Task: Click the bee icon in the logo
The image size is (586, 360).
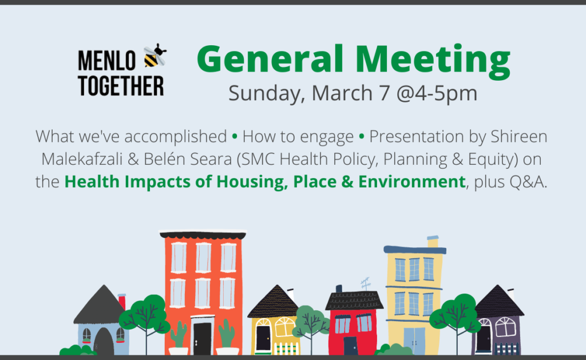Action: tap(155, 56)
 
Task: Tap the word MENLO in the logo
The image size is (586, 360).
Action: tap(106, 61)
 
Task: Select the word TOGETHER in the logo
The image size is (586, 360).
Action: tap(121, 86)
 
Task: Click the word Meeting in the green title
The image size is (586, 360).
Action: tap(433, 60)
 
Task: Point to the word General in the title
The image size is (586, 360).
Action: tap(270, 59)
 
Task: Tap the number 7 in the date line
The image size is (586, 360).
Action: tap(385, 93)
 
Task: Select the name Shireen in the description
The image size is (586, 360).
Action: tap(518, 136)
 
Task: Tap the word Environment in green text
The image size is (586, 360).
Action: tap(412, 181)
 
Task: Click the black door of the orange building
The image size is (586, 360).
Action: tap(202, 338)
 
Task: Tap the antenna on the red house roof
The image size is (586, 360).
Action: tap(366, 284)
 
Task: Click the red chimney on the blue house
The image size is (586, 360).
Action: tap(122, 302)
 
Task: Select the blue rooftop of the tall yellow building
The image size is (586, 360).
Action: tap(415, 250)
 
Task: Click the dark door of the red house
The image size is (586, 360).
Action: tap(351, 346)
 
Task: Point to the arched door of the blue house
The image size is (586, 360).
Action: tap(104, 341)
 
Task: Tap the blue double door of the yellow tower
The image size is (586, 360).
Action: tap(414, 341)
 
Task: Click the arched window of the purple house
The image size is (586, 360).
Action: tap(505, 327)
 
